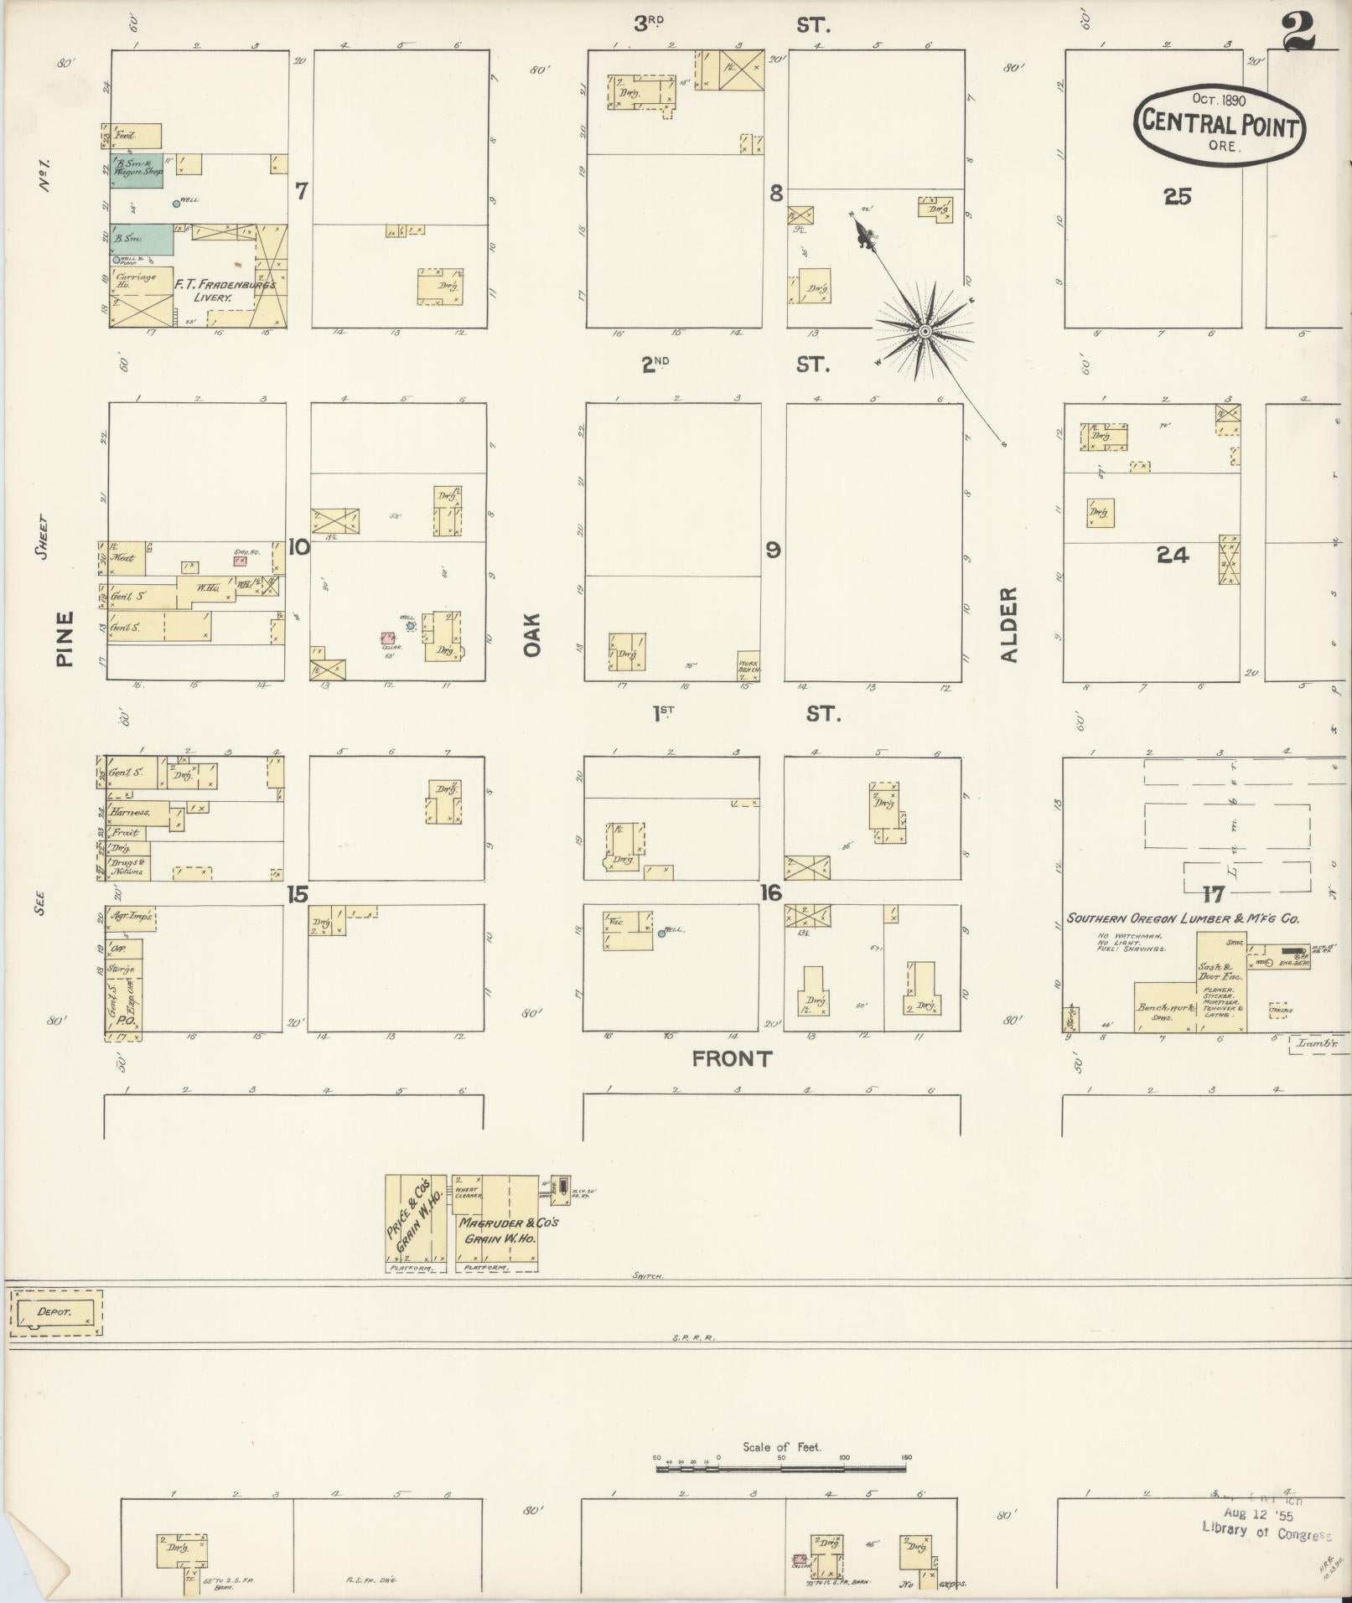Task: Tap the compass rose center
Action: [925, 332]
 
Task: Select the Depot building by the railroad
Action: [55, 1312]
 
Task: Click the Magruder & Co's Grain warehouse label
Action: [507, 1229]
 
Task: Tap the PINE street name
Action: [65, 639]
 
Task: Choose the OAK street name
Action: [533, 635]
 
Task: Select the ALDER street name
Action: [1008, 624]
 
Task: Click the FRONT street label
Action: [732, 1059]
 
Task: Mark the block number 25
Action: [1177, 196]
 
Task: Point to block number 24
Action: [1172, 554]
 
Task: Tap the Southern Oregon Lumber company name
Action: [1182, 918]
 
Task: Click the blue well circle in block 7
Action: [176, 203]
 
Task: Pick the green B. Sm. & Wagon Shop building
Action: [136, 169]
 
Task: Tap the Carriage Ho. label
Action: [137, 281]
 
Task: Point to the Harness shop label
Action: [132, 812]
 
